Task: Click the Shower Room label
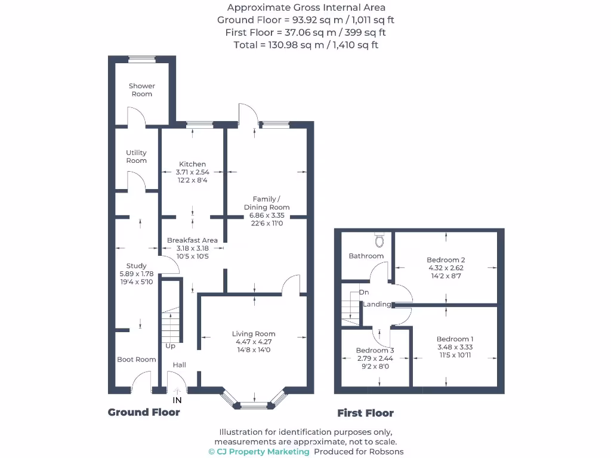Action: pos(141,90)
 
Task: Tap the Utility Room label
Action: pos(136,157)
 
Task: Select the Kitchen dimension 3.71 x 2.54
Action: pos(192,172)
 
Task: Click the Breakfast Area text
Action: pos(192,240)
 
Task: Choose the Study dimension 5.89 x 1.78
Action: pos(136,274)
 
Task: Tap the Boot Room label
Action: pos(136,360)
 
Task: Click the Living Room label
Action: pos(254,334)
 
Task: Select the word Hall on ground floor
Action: pos(179,365)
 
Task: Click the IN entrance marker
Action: pos(177,400)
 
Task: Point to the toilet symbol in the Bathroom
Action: pos(379,240)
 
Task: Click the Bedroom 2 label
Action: pos(446,260)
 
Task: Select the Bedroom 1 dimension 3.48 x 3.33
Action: pos(455,347)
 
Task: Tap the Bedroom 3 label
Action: pos(375,351)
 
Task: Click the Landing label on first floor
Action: pos(377,304)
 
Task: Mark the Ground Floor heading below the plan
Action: pos(144,412)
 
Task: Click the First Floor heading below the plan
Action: pos(365,413)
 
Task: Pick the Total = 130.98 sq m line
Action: pos(305,45)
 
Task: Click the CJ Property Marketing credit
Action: pos(259,451)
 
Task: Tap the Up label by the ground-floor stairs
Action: pos(170,346)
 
